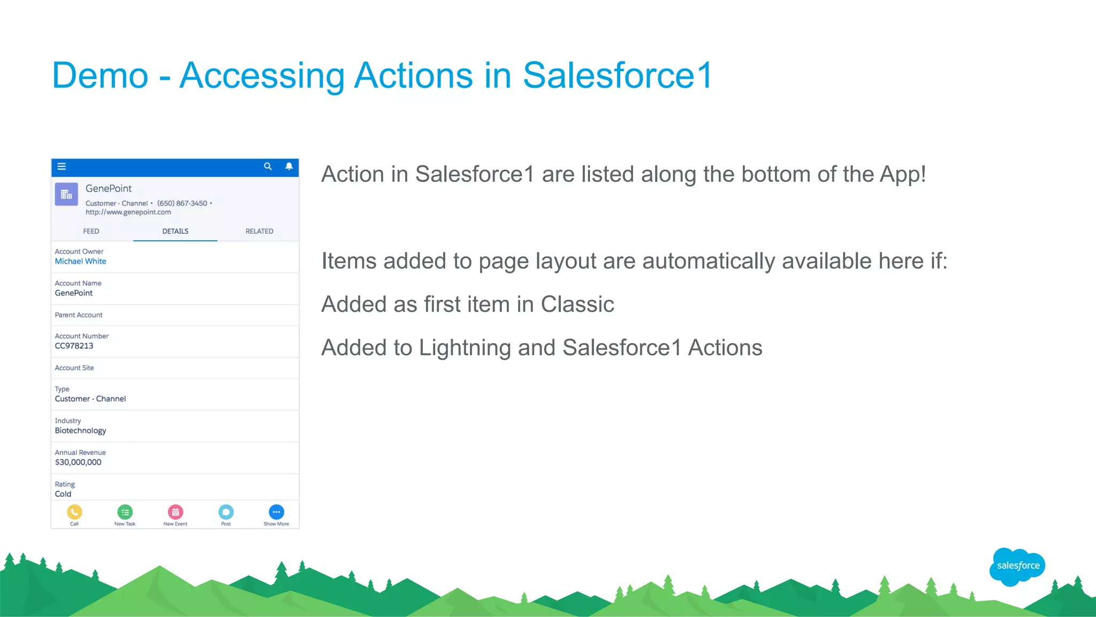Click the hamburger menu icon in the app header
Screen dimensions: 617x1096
62,166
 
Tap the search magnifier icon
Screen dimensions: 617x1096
268,166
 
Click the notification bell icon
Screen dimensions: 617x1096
289,166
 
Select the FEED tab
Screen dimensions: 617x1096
91,231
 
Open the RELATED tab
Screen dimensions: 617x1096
259,231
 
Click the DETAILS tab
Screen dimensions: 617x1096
175,231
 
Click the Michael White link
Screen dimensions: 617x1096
80,261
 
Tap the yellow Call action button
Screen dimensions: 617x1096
74,512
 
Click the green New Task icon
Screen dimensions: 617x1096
125,512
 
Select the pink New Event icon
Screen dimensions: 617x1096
176,512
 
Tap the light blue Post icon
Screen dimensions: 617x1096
226,512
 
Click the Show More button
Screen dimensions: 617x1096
276,512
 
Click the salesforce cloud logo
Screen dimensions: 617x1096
1017,566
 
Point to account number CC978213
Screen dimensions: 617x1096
74,346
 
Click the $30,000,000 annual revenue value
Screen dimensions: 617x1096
78,462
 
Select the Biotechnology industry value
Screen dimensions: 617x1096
80,431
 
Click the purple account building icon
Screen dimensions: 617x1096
66,194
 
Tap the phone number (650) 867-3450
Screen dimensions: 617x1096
182,203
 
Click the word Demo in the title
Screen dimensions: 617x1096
100,75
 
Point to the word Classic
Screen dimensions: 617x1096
577,304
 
